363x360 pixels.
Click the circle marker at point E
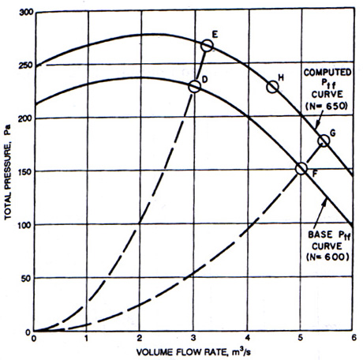click(207, 40)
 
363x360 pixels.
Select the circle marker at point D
click(195, 81)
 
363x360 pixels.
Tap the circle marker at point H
click(272, 81)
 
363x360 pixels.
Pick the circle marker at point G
click(324, 135)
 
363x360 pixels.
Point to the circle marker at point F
click(301, 163)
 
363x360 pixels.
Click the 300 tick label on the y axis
click(26, 13)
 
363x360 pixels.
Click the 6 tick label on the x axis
click(354, 338)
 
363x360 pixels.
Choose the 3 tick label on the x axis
click(193, 338)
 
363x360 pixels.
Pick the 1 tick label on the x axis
click(86, 338)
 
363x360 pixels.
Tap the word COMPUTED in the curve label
click(327, 73)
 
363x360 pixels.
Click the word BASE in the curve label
click(320, 234)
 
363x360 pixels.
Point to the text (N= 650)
click(327, 106)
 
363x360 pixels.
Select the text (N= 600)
click(327, 257)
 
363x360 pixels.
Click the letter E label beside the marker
click(215, 35)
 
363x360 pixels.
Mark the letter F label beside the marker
click(315, 174)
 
